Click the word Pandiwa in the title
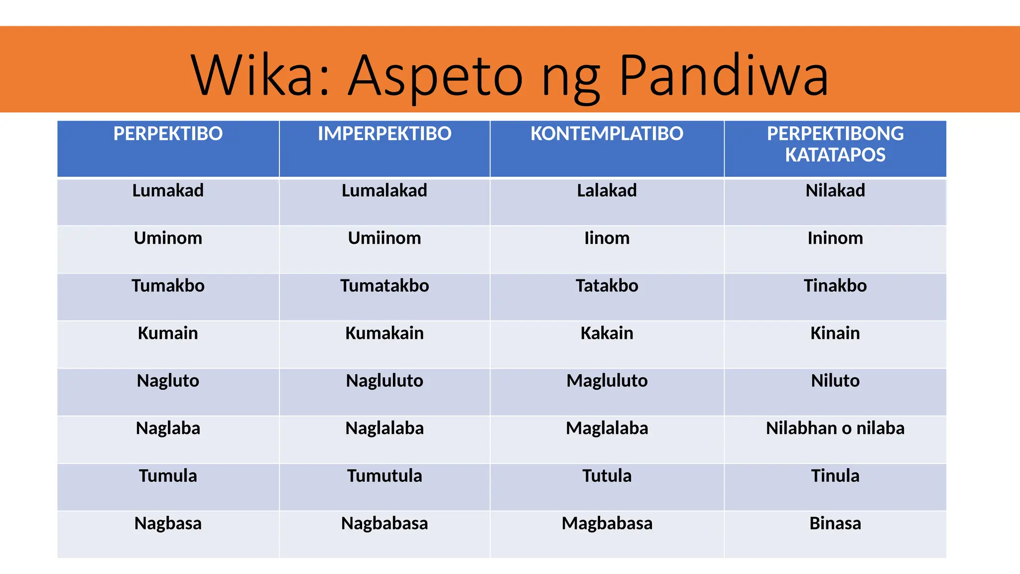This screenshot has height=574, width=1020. [723, 76]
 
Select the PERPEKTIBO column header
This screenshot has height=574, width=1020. [168, 134]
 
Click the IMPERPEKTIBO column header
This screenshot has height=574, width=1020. [384, 134]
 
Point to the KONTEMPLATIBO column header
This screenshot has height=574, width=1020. [607, 134]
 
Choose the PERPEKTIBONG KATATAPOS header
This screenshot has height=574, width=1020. [835, 144]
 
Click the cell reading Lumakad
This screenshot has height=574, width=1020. [168, 191]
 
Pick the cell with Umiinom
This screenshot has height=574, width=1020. [384, 238]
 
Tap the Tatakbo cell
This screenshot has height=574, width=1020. [607, 286]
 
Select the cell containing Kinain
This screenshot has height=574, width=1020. [835, 333]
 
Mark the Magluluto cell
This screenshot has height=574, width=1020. [607, 381]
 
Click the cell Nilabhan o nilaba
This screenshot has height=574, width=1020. [835, 429]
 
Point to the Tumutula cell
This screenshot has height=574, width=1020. [384, 476]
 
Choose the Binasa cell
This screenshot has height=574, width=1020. [835, 524]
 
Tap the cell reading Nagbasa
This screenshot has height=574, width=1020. [168, 524]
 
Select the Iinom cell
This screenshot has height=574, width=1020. [607, 238]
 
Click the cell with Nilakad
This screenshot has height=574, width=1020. [835, 191]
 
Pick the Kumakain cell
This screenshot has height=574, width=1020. [384, 333]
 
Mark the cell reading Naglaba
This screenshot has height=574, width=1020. [168, 429]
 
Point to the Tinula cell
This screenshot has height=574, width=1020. [835, 476]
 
